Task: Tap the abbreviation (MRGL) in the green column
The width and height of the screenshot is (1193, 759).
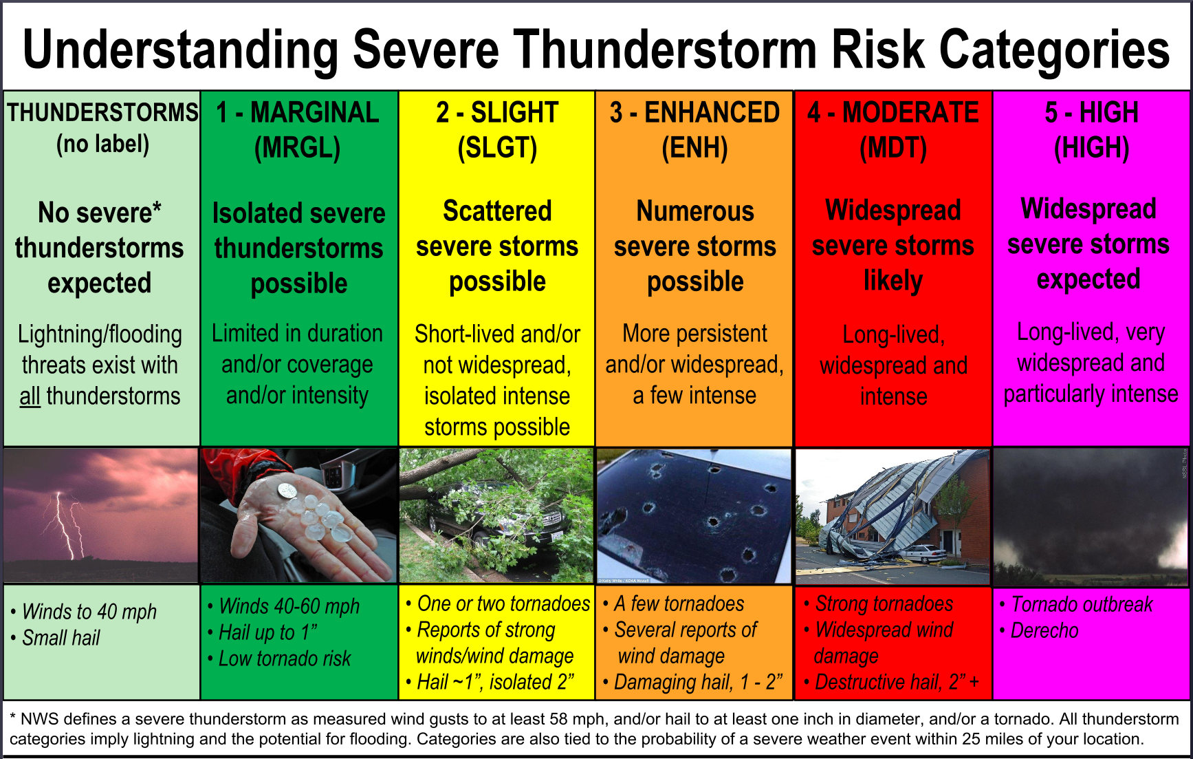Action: pyautogui.click(x=297, y=148)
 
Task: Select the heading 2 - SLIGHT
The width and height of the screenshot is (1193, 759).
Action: pyautogui.click(x=497, y=113)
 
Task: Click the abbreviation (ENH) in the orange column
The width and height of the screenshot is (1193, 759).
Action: pyautogui.click(x=694, y=148)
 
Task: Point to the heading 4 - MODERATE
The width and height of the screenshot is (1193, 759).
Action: pyautogui.click(x=893, y=113)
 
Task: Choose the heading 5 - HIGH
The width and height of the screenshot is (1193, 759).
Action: pyautogui.click(x=1091, y=113)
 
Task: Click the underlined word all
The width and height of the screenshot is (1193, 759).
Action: pyautogui.click(x=30, y=396)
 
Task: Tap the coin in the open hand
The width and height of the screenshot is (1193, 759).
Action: pyautogui.click(x=287, y=491)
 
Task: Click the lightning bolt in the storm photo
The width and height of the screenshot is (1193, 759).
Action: pyautogui.click(x=65, y=526)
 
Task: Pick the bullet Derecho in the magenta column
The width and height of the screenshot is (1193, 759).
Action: pyautogui.click(x=1044, y=630)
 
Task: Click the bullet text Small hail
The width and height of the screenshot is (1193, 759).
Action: pyautogui.click(x=61, y=638)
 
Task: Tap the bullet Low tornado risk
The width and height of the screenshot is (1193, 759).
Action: pyautogui.click(x=284, y=659)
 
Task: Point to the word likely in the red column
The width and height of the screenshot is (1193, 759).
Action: pyautogui.click(x=893, y=281)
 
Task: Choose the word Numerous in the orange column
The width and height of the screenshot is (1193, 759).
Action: pyautogui.click(x=694, y=211)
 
